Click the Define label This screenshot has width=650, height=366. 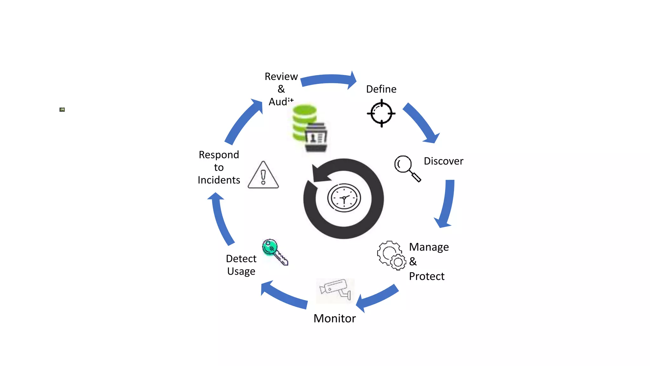381,89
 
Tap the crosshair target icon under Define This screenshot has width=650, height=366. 381,113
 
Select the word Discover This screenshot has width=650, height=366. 443,161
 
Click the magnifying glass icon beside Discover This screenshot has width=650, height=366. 407,168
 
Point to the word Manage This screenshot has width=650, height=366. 429,247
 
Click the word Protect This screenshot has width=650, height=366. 427,276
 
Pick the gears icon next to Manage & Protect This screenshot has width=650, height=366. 391,255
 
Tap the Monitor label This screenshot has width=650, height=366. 335,318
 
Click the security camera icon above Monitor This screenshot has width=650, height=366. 335,290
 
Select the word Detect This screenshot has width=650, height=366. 241,259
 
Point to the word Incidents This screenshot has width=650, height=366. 219,180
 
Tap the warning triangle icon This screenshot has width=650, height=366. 263,175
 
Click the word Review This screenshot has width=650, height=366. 281,77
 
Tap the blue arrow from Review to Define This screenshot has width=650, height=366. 328,80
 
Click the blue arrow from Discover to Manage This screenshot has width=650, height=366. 446,203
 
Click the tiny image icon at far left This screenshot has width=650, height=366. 62,110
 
